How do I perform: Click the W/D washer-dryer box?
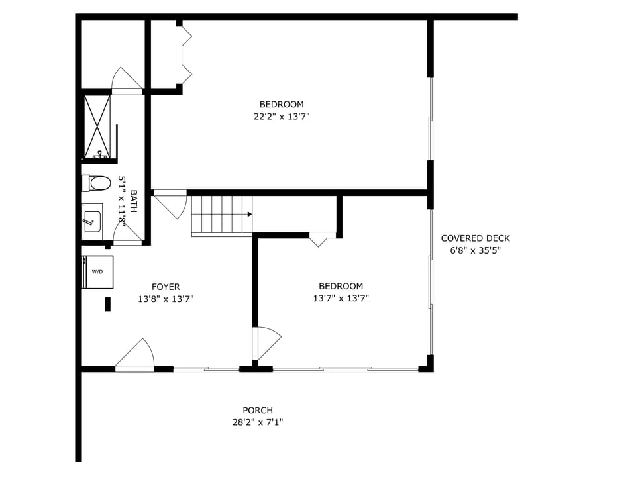click(x=98, y=272)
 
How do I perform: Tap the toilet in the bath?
click(x=98, y=183)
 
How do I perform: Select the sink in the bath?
click(x=92, y=220)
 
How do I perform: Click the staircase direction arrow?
click(x=249, y=214)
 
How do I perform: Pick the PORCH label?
click(x=258, y=411)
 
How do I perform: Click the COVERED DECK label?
click(x=476, y=238)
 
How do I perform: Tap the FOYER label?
click(x=166, y=287)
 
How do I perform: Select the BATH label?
click(x=134, y=201)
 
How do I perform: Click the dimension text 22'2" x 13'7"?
click(x=282, y=117)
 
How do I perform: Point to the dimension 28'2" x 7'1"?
click(x=258, y=422)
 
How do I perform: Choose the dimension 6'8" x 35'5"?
click(x=476, y=251)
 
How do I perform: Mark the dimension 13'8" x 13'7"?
click(x=166, y=299)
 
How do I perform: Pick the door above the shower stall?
click(x=126, y=81)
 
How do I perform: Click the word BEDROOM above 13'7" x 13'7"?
click(x=341, y=286)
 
